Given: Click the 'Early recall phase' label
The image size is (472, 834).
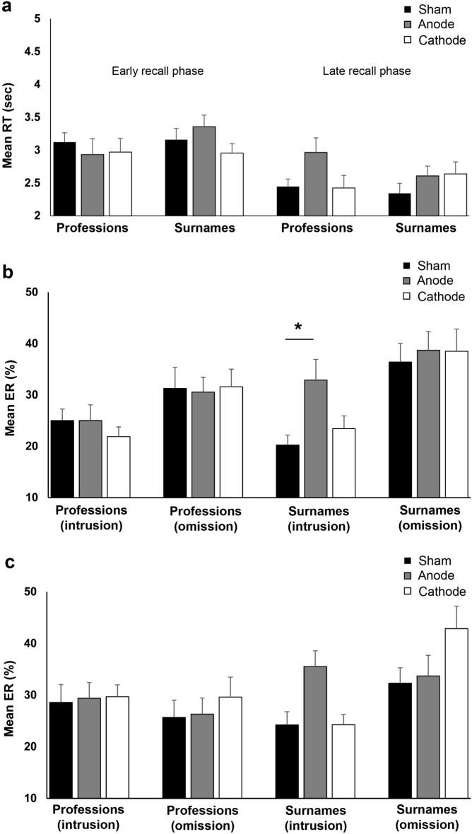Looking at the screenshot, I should (158, 71).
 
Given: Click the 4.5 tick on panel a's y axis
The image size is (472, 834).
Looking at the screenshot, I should (31, 52).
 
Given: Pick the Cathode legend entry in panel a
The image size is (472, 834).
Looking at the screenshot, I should (435, 40).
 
